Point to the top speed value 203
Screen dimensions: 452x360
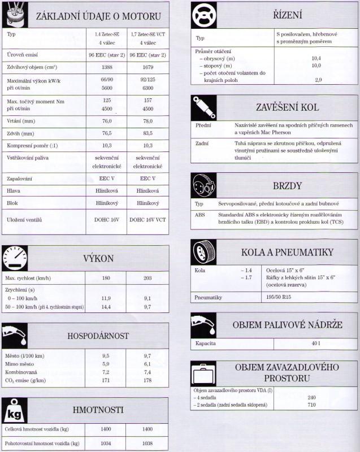tap(148, 279)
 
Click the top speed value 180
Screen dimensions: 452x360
tap(106, 279)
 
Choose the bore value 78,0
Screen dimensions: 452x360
tap(148, 121)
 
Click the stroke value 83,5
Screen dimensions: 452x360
tap(148, 133)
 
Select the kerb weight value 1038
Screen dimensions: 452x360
tap(148, 444)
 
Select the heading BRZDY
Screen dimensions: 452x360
tap(288, 186)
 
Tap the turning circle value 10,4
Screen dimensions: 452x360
tap(316, 58)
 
